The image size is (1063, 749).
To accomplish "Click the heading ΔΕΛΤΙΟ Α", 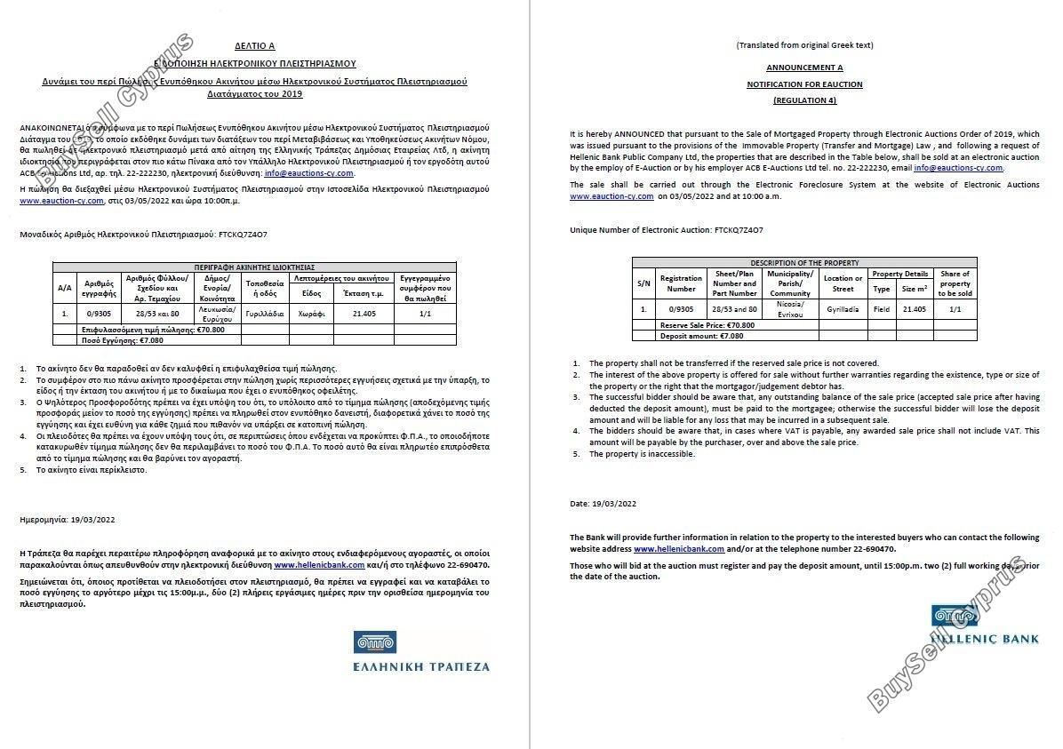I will [255, 45].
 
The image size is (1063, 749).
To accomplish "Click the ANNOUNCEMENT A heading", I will [804, 68].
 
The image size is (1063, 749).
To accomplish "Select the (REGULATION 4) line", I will [804, 100].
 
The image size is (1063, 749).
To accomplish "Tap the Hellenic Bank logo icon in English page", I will [955, 614].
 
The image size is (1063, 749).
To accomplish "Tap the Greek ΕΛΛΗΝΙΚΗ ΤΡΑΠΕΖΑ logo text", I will [421, 665].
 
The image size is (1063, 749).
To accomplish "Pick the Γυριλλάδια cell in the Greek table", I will [265, 314].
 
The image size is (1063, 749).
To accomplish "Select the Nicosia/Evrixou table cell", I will [790, 309].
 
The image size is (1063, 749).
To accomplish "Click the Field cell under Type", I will [881, 309].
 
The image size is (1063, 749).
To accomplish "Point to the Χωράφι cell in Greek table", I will [312, 314].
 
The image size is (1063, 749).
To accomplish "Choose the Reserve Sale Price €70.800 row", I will [707, 325].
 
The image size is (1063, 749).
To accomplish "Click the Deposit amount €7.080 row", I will [701, 336].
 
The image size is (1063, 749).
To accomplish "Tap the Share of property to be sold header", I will [955, 283].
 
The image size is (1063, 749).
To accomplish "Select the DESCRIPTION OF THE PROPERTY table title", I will [804, 263].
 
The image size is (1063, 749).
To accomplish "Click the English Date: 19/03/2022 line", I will [603, 504].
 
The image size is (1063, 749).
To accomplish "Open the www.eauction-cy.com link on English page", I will [611, 195].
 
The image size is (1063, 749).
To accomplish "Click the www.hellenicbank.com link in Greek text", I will [319, 565].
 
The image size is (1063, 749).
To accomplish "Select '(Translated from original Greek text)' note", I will [804, 45].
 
